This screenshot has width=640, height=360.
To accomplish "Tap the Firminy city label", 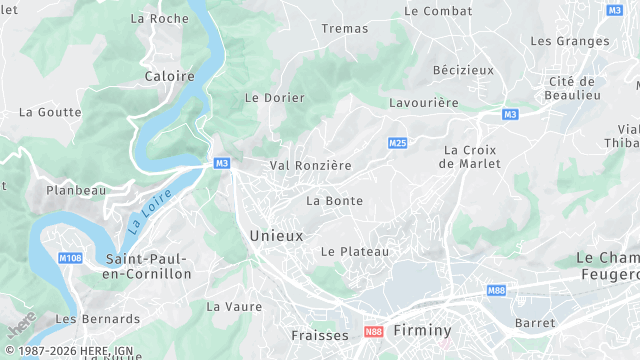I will (423, 330).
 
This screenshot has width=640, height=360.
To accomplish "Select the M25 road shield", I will (397, 144).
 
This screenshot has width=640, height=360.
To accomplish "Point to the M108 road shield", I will (70, 258).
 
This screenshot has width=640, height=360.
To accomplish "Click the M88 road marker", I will (497, 290).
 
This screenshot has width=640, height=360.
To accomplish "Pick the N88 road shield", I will (374, 331).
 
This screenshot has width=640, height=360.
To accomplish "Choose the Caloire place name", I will (170, 76).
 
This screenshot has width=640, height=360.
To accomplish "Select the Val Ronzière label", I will (310, 165).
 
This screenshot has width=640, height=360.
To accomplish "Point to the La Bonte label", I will (334, 201).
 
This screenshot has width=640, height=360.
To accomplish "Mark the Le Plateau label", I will (355, 252).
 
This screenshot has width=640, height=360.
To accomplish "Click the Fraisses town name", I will (320, 335).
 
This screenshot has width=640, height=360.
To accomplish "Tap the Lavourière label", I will (423, 103).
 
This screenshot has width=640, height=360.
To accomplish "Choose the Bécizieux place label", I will (463, 70).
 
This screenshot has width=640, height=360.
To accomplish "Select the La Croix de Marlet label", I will (470, 157).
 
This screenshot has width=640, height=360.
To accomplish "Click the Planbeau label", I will (76, 189).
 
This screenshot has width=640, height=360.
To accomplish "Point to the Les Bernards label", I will (98, 319).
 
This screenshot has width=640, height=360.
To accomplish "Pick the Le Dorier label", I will (274, 98).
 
